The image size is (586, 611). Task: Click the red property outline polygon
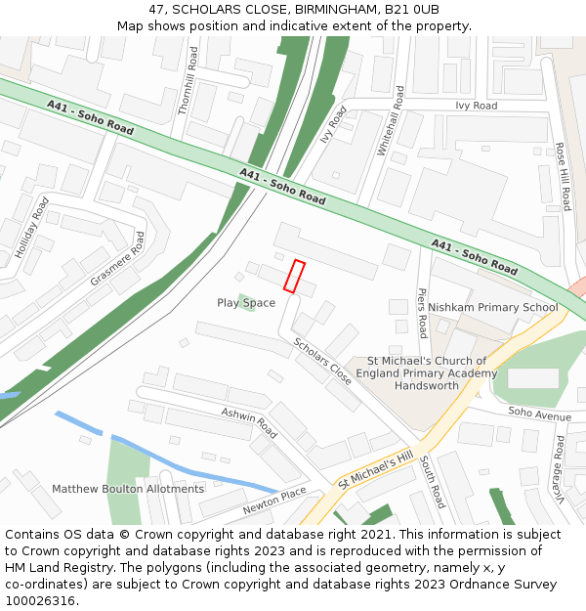click(x=294, y=276)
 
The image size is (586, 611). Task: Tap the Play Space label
click(x=246, y=303)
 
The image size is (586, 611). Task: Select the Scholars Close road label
click(x=322, y=360)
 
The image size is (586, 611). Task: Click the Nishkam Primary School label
click(x=492, y=307)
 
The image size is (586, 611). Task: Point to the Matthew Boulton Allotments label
click(x=128, y=489)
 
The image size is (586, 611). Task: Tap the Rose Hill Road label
click(x=563, y=176)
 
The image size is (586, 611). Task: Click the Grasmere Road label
click(x=117, y=259)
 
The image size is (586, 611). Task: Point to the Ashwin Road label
click(x=249, y=422)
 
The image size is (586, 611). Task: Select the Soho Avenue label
click(x=539, y=414)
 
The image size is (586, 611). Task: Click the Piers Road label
click(x=422, y=313)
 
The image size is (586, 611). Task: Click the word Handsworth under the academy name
click(x=426, y=386)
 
